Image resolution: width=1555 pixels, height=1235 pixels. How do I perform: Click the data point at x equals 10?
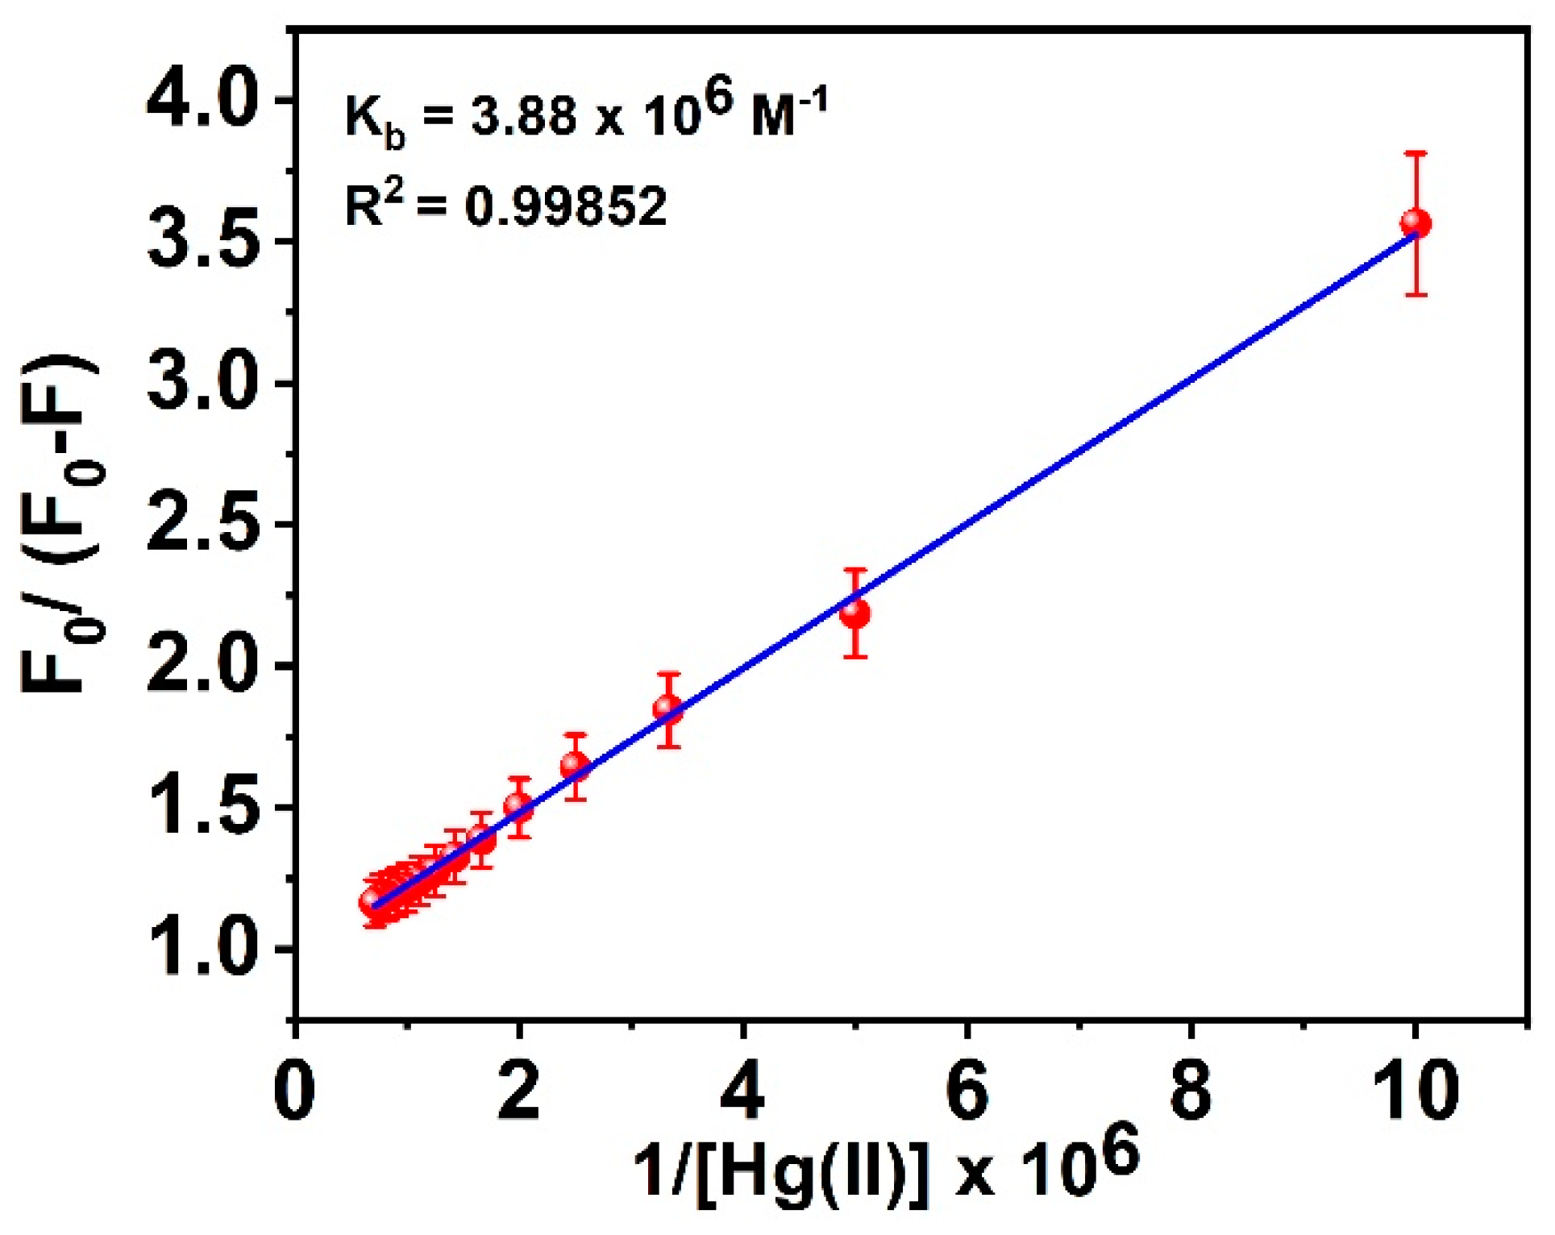(1416, 222)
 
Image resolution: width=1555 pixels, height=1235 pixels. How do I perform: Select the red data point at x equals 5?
(855, 613)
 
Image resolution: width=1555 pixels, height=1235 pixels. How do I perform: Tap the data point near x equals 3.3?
(668, 709)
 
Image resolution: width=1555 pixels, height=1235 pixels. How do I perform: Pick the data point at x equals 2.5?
(575, 764)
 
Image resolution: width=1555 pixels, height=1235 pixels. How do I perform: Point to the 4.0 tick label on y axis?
(201, 102)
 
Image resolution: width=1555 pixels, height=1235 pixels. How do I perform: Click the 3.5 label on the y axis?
(201, 242)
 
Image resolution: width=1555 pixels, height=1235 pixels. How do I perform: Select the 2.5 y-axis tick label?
(201, 526)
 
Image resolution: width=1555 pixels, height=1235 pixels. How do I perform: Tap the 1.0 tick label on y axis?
(201, 950)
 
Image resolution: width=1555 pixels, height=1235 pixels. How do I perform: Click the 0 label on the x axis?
(295, 1091)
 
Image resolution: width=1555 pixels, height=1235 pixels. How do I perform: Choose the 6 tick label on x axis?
(967, 1091)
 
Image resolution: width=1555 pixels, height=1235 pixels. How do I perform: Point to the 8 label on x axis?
(1191, 1091)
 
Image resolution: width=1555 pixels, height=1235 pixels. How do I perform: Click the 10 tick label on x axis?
(1416, 1091)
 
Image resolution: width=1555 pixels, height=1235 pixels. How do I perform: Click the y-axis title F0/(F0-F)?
(60, 524)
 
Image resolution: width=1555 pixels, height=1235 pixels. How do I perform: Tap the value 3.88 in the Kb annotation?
(524, 115)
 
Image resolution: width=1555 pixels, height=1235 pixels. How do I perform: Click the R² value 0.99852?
(566, 206)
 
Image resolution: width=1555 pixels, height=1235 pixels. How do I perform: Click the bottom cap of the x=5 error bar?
(855, 657)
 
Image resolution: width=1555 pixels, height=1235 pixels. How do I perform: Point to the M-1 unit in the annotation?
(788, 113)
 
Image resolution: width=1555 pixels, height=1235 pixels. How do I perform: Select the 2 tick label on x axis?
(519, 1091)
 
